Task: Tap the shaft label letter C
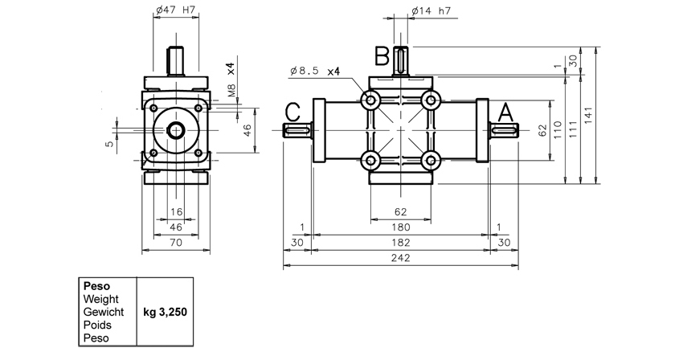click(x=293, y=112)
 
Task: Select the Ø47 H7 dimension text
click(x=175, y=11)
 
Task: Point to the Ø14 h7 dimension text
click(x=431, y=11)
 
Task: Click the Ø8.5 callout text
click(x=305, y=71)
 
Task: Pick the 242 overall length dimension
click(x=400, y=259)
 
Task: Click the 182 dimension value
click(x=400, y=243)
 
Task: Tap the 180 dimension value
click(x=400, y=227)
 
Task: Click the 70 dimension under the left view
click(x=176, y=243)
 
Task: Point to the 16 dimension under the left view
click(x=176, y=212)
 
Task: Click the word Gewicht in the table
click(x=102, y=311)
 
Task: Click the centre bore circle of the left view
click(x=175, y=130)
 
